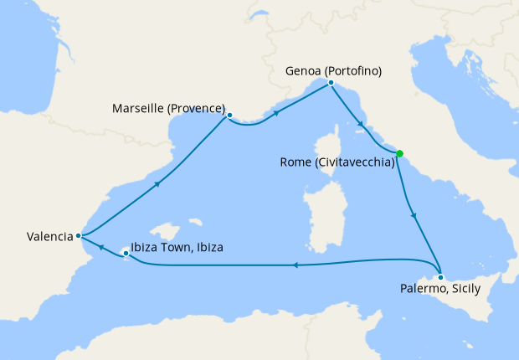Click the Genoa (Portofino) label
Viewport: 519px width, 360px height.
(332, 71)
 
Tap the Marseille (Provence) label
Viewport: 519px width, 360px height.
(169, 109)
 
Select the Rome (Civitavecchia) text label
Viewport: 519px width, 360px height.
(337, 164)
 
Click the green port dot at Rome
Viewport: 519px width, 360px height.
(400, 153)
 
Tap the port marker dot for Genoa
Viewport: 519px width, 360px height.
(331, 83)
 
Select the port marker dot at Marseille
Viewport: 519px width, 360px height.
(229, 116)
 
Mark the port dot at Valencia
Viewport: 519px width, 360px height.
(78, 235)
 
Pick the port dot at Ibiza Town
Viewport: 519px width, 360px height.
(126, 251)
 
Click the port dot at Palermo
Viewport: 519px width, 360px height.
(440, 276)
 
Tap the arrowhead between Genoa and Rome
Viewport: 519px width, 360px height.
(361, 125)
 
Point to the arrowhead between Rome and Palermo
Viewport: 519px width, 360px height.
(414, 215)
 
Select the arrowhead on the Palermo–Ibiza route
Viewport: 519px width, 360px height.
(295, 265)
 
